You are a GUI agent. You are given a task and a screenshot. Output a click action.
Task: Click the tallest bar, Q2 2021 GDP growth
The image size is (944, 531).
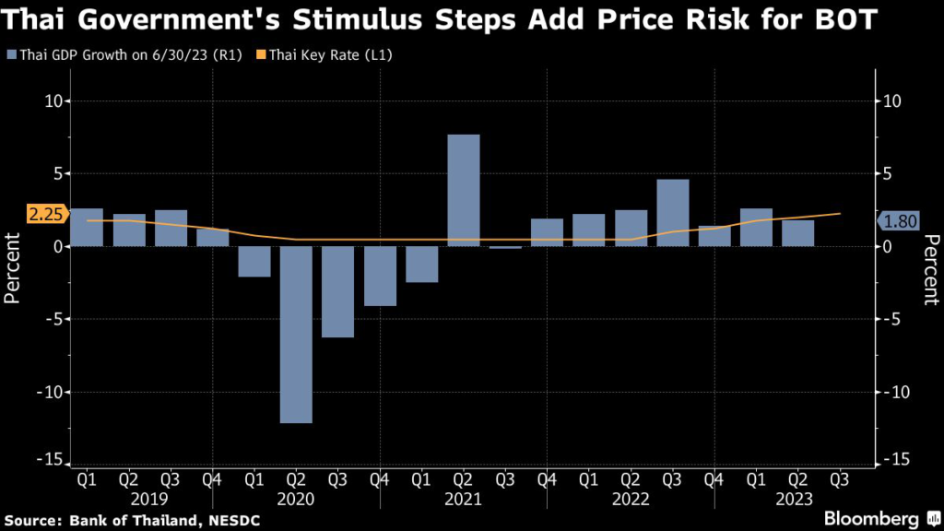point(464,190)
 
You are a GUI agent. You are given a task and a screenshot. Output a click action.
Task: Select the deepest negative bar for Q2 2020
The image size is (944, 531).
point(296,334)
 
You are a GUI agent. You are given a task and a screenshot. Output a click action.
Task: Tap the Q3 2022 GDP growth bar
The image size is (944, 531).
point(673,212)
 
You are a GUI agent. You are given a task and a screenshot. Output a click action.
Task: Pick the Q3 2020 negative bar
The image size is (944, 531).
point(338,291)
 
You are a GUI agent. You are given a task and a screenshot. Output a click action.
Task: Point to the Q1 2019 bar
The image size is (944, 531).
point(87,227)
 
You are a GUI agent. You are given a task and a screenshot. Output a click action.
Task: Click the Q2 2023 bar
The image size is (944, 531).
point(798,233)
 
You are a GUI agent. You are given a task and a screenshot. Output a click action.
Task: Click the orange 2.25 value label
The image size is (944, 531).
point(45,215)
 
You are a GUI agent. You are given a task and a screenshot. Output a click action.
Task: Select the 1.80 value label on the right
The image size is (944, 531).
point(899,221)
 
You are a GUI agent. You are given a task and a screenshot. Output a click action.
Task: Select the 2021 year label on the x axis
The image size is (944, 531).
point(464,499)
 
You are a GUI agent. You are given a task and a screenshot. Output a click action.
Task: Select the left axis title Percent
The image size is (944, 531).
point(14,267)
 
